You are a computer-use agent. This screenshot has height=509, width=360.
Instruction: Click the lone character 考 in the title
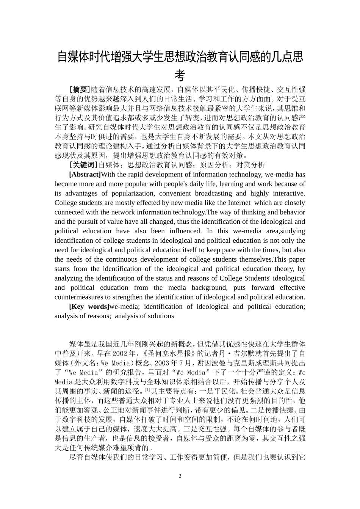pyautogui.click(x=180, y=75)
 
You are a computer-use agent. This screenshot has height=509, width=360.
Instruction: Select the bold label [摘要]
pyautogui.click(x=80, y=90)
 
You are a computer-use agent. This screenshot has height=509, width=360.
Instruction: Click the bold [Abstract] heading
pyautogui.click(x=85, y=175)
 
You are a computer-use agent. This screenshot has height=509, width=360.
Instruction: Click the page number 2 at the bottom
pyautogui.click(x=180, y=476)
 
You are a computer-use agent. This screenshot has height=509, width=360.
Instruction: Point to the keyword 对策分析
pyautogui.click(x=251, y=165)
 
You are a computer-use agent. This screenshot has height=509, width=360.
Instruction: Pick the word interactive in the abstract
pyautogui.click(x=290, y=193)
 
